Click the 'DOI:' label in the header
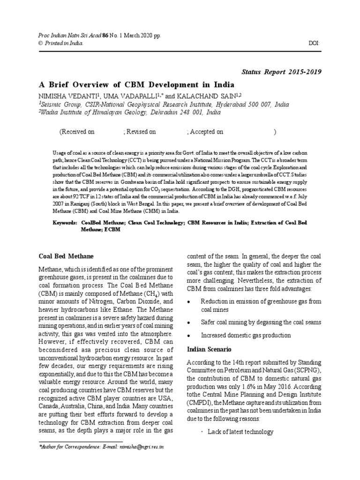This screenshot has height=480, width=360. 314,43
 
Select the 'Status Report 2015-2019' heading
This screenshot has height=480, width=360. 281,72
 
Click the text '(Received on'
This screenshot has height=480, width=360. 77,132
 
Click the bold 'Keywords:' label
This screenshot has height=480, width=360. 65,223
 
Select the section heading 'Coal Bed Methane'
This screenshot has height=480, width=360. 66,256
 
